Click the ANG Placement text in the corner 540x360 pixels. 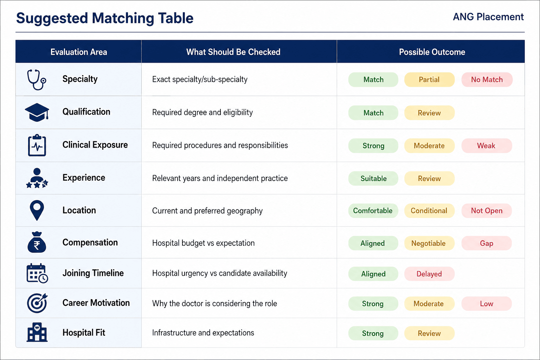[x=488, y=17]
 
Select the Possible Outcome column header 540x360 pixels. [x=432, y=52]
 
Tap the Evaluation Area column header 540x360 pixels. [x=79, y=52]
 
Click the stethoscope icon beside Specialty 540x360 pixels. [x=37, y=79]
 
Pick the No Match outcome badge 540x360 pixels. [x=487, y=79]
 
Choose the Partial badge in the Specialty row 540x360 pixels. [x=429, y=79]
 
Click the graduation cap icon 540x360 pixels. [x=37, y=112]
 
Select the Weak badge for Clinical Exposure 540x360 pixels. [x=487, y=146]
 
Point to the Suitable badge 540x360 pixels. [x=373, y=179]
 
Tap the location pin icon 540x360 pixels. [x=37, y=210]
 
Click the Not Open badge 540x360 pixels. [x=487, y=211]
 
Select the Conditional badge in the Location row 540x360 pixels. [x=429, y=211]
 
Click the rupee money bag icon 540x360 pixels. [x=37, y=242]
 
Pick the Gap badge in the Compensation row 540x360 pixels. [x=487, y=243]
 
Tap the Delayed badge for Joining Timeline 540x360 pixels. [x=429, y=274]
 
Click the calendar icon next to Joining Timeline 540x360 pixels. [x=37, y=273]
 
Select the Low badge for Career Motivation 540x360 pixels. [x=487, y=304]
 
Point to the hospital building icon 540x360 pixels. [x=37, y=332]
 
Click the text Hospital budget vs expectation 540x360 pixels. [x=203, y=243]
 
